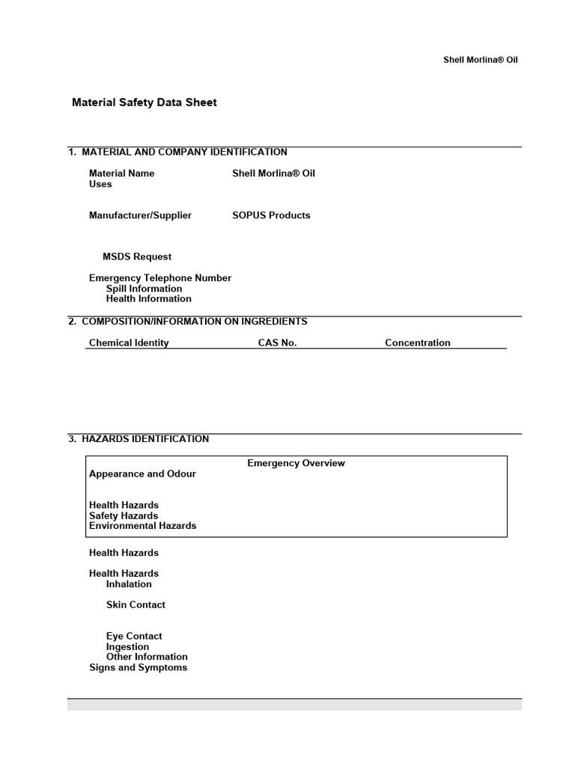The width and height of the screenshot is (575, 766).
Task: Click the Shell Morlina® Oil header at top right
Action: click(480, 60)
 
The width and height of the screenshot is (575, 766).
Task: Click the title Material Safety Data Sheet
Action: click(144, 102)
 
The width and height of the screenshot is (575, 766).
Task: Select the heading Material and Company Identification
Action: click(184, 152)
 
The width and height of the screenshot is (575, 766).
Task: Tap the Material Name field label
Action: click(122, 174)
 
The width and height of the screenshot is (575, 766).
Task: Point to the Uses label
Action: click(100, 184)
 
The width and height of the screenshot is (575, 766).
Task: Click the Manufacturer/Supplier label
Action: click(140, 215)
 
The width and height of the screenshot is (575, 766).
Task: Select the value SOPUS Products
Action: click(271, 215)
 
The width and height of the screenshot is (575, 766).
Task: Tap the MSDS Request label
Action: click(137, 257)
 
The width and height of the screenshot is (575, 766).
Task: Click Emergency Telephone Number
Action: click(160, 278)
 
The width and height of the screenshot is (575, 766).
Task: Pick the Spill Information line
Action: click(144, 289)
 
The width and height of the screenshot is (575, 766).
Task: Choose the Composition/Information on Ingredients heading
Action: click(194, 322)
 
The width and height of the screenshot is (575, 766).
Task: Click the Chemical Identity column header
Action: click(129, 343)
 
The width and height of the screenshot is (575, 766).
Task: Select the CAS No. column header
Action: click(277, 343)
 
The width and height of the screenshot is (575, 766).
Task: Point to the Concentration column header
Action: click(418, 343)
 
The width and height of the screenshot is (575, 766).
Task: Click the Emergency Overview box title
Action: click(296, 464)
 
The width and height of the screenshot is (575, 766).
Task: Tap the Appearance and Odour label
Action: click(142, 474)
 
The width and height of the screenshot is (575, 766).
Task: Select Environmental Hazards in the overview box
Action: click(142, 526)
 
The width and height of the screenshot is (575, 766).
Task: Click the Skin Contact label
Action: click(136, 605)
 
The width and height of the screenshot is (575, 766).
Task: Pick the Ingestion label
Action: click(127, 647)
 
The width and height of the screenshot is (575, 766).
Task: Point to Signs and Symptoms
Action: click(138, 668)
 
